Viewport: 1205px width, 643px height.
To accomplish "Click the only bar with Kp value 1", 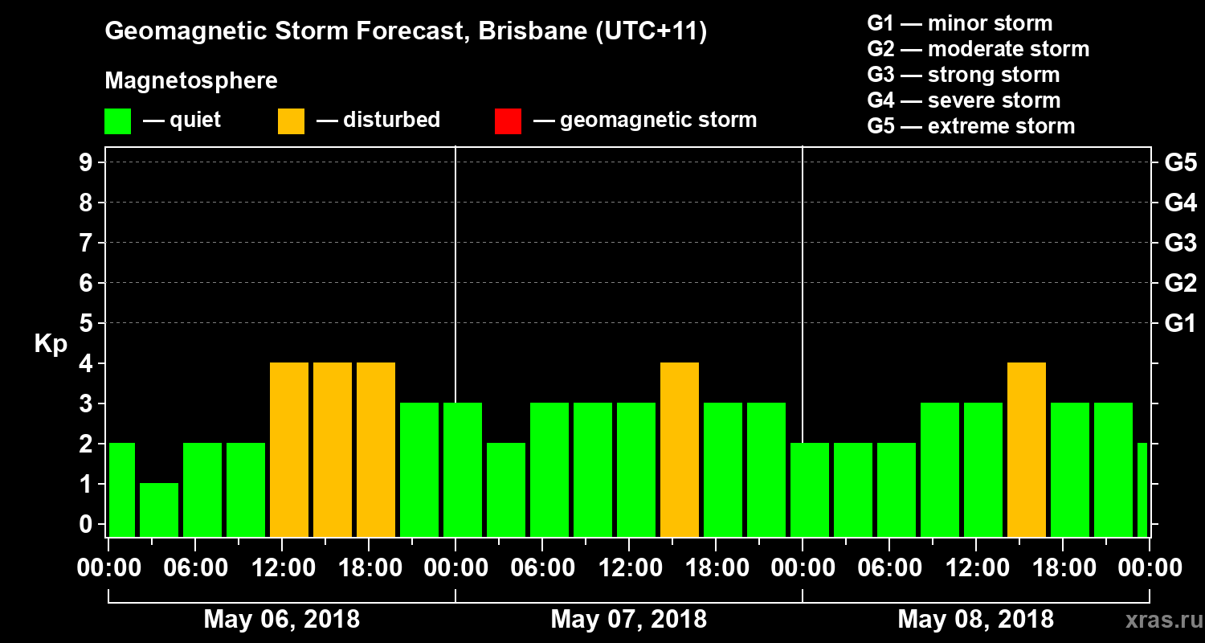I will [x=159, y=510].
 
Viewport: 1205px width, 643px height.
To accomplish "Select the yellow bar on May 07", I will [x=680, y=449].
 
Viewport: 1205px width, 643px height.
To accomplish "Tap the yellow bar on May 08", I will [x=1027, y=449].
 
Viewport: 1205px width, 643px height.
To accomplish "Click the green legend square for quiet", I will [x=118, y=121].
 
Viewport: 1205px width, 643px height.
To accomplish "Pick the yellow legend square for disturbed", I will [x=292, y=121].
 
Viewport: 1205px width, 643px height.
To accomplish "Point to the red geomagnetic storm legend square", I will [x=509, y=121].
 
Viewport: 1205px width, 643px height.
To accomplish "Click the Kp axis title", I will [x=51, y=343].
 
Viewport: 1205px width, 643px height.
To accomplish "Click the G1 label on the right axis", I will [x=1180, y=324].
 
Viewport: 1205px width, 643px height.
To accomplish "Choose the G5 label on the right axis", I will [x=1180, y=163].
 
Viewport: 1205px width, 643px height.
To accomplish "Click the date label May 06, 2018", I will [x=282, y=620].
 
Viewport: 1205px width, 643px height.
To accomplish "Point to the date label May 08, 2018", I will [x=975, y=620].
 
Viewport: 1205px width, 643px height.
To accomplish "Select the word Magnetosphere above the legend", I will [x=191, y=81].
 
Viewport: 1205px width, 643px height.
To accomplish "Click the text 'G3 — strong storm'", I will [x=963, y=75].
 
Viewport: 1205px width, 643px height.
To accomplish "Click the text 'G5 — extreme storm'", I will [x=971, y=126].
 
